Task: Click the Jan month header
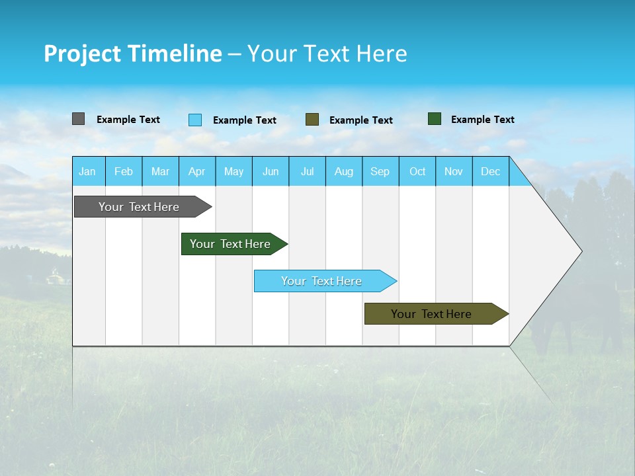point(87,171)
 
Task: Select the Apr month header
point(197,171)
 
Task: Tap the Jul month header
point(307,171)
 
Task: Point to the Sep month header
point(380,171)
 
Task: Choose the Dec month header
point(490,171)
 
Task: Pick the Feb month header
point(124,171)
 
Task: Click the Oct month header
point(417,171)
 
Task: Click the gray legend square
point(79,119)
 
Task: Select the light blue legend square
point(195,120)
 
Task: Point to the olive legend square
point(312,120)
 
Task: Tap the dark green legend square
point(435,119)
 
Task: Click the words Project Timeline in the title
point(132,54)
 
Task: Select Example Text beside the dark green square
point(482,120)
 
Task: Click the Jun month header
point(271,171)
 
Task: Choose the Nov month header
point(454,171)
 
